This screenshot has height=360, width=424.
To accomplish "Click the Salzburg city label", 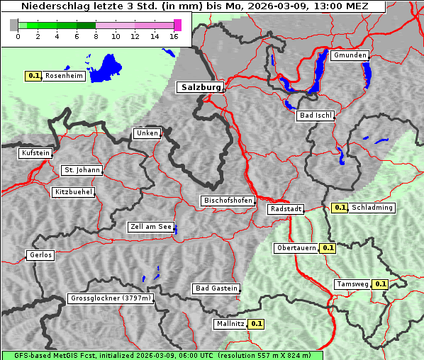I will (x=199, y=87).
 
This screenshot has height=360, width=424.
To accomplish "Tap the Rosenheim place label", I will (x=64, y=76).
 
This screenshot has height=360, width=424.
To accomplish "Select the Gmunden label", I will (x=350, y=55).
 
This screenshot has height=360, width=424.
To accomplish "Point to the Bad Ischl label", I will (x=316, y=116).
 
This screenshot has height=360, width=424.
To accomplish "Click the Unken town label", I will (x=147, y=133).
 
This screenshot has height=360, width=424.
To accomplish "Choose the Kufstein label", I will (x=35, y=153).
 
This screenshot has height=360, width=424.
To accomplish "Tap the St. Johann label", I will (x=82, y=170).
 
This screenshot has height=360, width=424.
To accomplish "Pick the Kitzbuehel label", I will (x=73, y=192).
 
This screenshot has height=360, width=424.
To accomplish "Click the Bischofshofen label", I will (x=228, y=201).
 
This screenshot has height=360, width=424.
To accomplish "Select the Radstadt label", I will (x=286, y=209).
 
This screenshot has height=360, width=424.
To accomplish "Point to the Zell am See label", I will (x=151, y=227).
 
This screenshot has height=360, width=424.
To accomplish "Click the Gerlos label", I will (x=40, y=255).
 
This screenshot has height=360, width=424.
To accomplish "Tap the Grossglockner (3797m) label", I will (x=111, y=298).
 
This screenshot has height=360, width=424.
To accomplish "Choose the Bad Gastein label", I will (x=216, y=288).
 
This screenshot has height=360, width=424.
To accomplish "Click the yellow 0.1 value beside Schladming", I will (x=340, y=208).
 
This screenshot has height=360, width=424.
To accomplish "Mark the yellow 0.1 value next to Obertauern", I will (x=328, y=248).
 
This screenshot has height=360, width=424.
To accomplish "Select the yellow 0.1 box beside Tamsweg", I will (x=380, y=284).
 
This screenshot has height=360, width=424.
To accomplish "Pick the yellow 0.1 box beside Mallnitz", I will (x=256, y=324).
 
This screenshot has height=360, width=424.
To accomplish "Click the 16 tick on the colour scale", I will (x=174, y=35).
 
